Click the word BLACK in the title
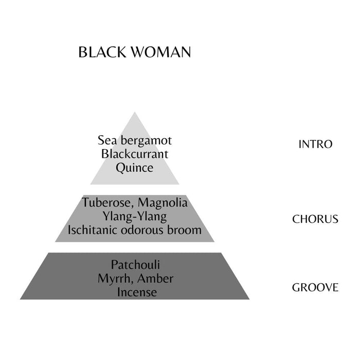(101, 52)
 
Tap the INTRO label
(315, 144)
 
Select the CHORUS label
(315, 219)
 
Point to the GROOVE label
(315, 287)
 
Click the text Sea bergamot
(135, 140)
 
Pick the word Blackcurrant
(135, 154)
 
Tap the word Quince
(135, 168)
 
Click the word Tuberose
(105, 203)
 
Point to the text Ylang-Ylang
(135, 217)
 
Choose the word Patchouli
(135, 265)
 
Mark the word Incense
(135, 293)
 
